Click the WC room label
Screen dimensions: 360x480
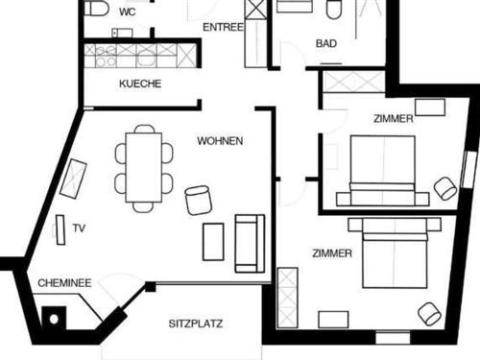point(128,12)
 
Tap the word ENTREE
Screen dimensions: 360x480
point(223,28)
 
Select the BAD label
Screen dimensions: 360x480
point(326,44)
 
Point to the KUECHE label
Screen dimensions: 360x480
point(140,84)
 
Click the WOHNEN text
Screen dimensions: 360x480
point(220,141)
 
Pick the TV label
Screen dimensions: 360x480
point(80,228)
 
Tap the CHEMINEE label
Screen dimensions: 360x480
point(64,283)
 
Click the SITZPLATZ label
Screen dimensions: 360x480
point(196,324)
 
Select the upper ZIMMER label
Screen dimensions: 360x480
point(394,119)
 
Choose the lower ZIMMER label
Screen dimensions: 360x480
point(332,253)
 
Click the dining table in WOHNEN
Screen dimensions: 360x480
point(144,167)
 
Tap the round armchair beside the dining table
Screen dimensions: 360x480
point(199,199)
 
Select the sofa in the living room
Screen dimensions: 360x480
point(249,242)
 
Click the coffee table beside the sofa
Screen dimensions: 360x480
point(213,241)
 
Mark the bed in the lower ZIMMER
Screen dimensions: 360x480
point(400,253)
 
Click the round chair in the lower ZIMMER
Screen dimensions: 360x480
point(429,313)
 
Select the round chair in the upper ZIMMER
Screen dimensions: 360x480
point(444,188)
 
